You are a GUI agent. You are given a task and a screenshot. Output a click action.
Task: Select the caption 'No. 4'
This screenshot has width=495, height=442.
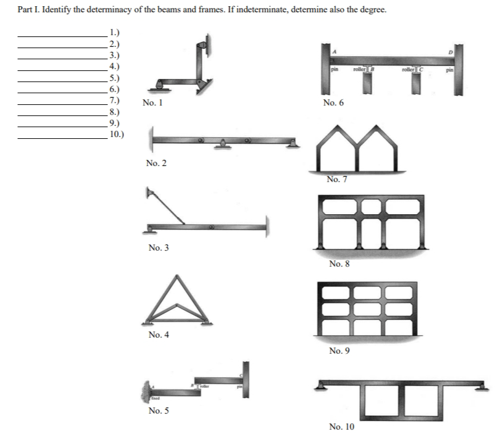pos(159,335)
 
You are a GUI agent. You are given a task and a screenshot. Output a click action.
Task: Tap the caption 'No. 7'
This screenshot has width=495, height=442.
pos(336,180)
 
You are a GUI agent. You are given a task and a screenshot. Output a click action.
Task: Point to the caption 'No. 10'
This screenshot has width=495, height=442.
pos(342,427)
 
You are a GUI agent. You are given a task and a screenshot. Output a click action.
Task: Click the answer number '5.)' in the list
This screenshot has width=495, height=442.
pos(113,78)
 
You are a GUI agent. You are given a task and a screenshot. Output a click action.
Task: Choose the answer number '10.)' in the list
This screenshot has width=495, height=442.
pos(115,134)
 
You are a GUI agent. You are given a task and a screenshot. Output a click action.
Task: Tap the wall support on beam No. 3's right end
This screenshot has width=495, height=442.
pos(267,227)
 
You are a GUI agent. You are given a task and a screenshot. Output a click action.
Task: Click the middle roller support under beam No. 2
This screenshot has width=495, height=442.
pos(223,146)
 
